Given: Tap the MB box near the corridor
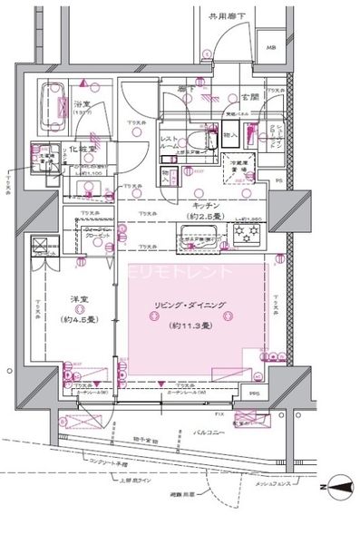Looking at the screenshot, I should (x=271, y=49).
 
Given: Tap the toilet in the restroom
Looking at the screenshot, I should (x=198, y=141).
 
